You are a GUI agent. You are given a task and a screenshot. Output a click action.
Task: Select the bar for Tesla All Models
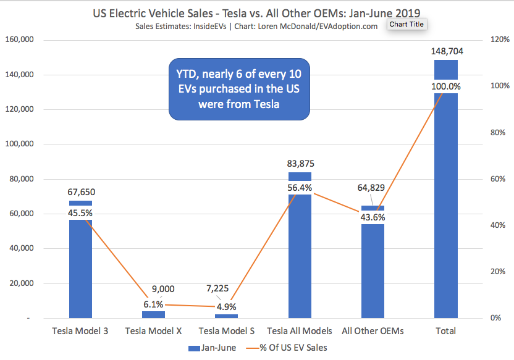tap(300, 259)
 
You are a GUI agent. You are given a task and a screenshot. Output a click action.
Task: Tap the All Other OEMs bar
tap(373, 272)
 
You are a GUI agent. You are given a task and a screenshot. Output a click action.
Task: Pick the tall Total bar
tap(445, 204)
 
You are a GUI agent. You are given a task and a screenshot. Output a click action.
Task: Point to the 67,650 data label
tap(81, 192)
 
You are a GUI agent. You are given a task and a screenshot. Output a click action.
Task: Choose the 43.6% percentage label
tap(373, 217)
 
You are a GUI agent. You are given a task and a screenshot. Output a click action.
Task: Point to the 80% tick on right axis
tap(497, 133)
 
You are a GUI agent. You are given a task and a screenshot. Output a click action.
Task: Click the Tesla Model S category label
tap(226, 331)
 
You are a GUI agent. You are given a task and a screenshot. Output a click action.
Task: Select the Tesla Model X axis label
tap(153, 331)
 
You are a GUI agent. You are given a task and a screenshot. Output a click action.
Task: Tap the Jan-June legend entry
tap(211, 348)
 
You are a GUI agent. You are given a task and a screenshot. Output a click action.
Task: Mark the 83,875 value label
tap(300, 164)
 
